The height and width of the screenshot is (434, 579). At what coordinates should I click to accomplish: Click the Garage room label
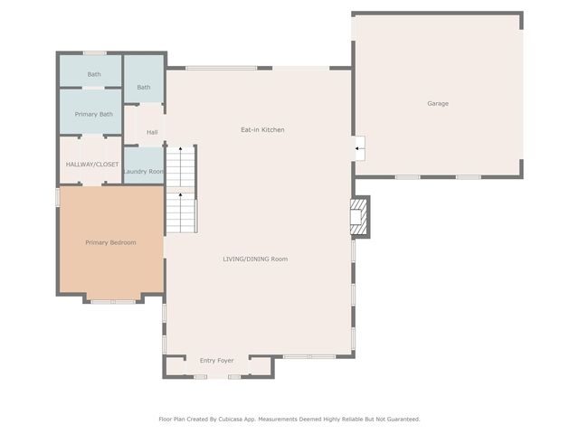[438, 104]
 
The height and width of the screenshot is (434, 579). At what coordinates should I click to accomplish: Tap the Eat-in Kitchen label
[262, 130]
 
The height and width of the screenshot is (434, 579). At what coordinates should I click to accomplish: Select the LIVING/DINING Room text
[255, 259]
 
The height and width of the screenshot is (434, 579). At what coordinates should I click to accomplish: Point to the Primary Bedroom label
[110, 242]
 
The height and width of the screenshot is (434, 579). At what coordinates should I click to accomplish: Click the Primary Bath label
[93, 115]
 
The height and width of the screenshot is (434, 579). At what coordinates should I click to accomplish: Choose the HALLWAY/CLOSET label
[92, 165]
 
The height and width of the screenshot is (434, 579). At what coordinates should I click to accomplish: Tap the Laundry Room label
[144, 172]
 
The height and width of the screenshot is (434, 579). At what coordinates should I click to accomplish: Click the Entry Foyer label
[216, 361]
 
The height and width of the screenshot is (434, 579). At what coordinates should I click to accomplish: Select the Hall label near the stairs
[152, 133]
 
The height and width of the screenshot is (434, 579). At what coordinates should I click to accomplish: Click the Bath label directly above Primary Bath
[93, 74]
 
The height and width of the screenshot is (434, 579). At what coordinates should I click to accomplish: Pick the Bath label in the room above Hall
[144, 88]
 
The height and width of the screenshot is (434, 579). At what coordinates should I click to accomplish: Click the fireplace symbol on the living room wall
[359, 218]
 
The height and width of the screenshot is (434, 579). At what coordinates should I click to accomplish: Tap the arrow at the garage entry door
[359, 148]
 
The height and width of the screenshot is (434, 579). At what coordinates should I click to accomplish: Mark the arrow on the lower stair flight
[180, 193]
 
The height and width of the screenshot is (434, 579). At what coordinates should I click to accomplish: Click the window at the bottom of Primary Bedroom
[111, 301]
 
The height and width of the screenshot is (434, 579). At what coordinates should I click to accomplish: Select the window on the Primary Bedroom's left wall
[58, 196]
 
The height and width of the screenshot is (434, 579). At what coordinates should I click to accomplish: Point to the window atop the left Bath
[94, 52]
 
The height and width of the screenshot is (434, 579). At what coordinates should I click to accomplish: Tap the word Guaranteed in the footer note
[401, 419]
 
